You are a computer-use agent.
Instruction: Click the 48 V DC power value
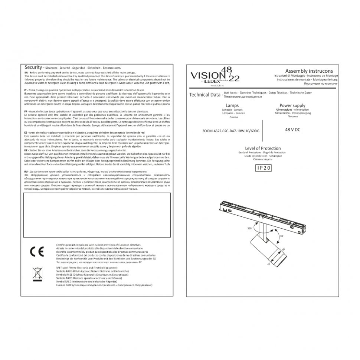coord(292,130)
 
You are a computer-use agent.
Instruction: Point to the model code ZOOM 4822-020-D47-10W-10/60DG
coord(231,131)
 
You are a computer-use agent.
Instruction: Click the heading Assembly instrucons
coord(309,71)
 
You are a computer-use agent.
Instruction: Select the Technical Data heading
coord(205,95)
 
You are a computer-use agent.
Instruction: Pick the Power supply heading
coord(292,106)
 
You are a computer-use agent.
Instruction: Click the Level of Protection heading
coord(263,148)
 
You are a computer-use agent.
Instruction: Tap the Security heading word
coord(33,68)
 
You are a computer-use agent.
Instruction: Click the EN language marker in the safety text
coord(26,72)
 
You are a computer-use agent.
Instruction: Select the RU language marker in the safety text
coord(26,173)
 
